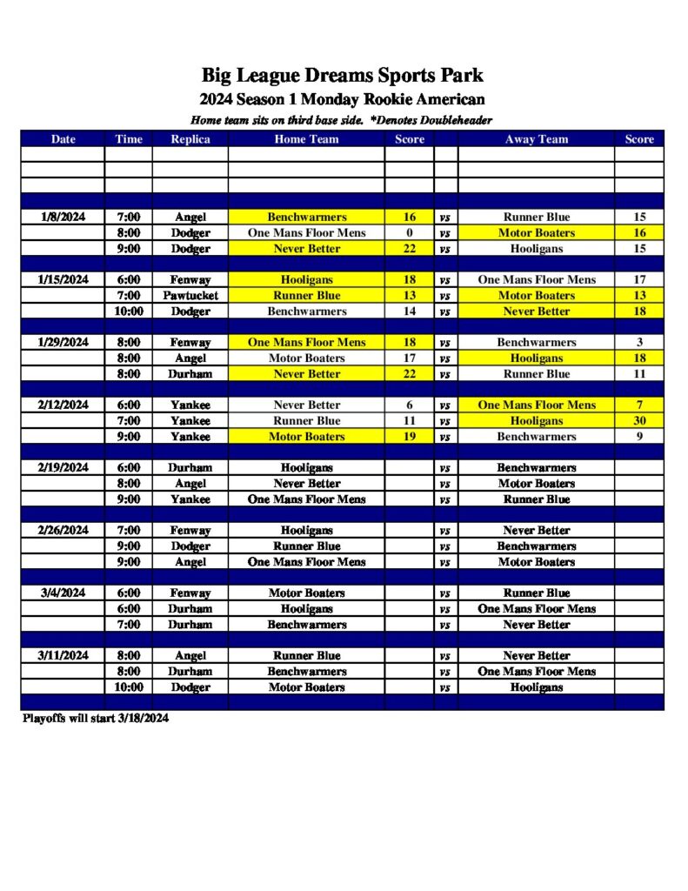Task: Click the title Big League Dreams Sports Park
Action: coord(342,76)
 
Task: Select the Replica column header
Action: coord(190,138)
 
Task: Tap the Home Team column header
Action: coord(306,138)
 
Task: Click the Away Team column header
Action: coord(536,138)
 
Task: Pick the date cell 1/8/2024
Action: coord(63,217)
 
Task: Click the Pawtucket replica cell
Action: coord(190,295)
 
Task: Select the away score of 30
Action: coord(639,420)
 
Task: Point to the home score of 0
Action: coord(409,232)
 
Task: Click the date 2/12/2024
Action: coord(63,405)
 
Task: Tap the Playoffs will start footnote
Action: coord(96,719)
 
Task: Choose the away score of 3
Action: coord(639,342)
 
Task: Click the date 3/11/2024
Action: coord(63,655)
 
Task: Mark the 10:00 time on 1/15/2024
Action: coord(129,311)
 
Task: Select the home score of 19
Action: coord(409,436)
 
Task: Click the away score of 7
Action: coord(639,405)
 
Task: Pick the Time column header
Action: coord(129,138)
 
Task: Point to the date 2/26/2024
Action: coord(63,530)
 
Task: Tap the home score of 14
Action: coord(409,311)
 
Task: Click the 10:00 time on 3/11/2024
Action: coord(129,687)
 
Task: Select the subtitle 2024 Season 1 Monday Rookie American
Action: coord(342,99)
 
